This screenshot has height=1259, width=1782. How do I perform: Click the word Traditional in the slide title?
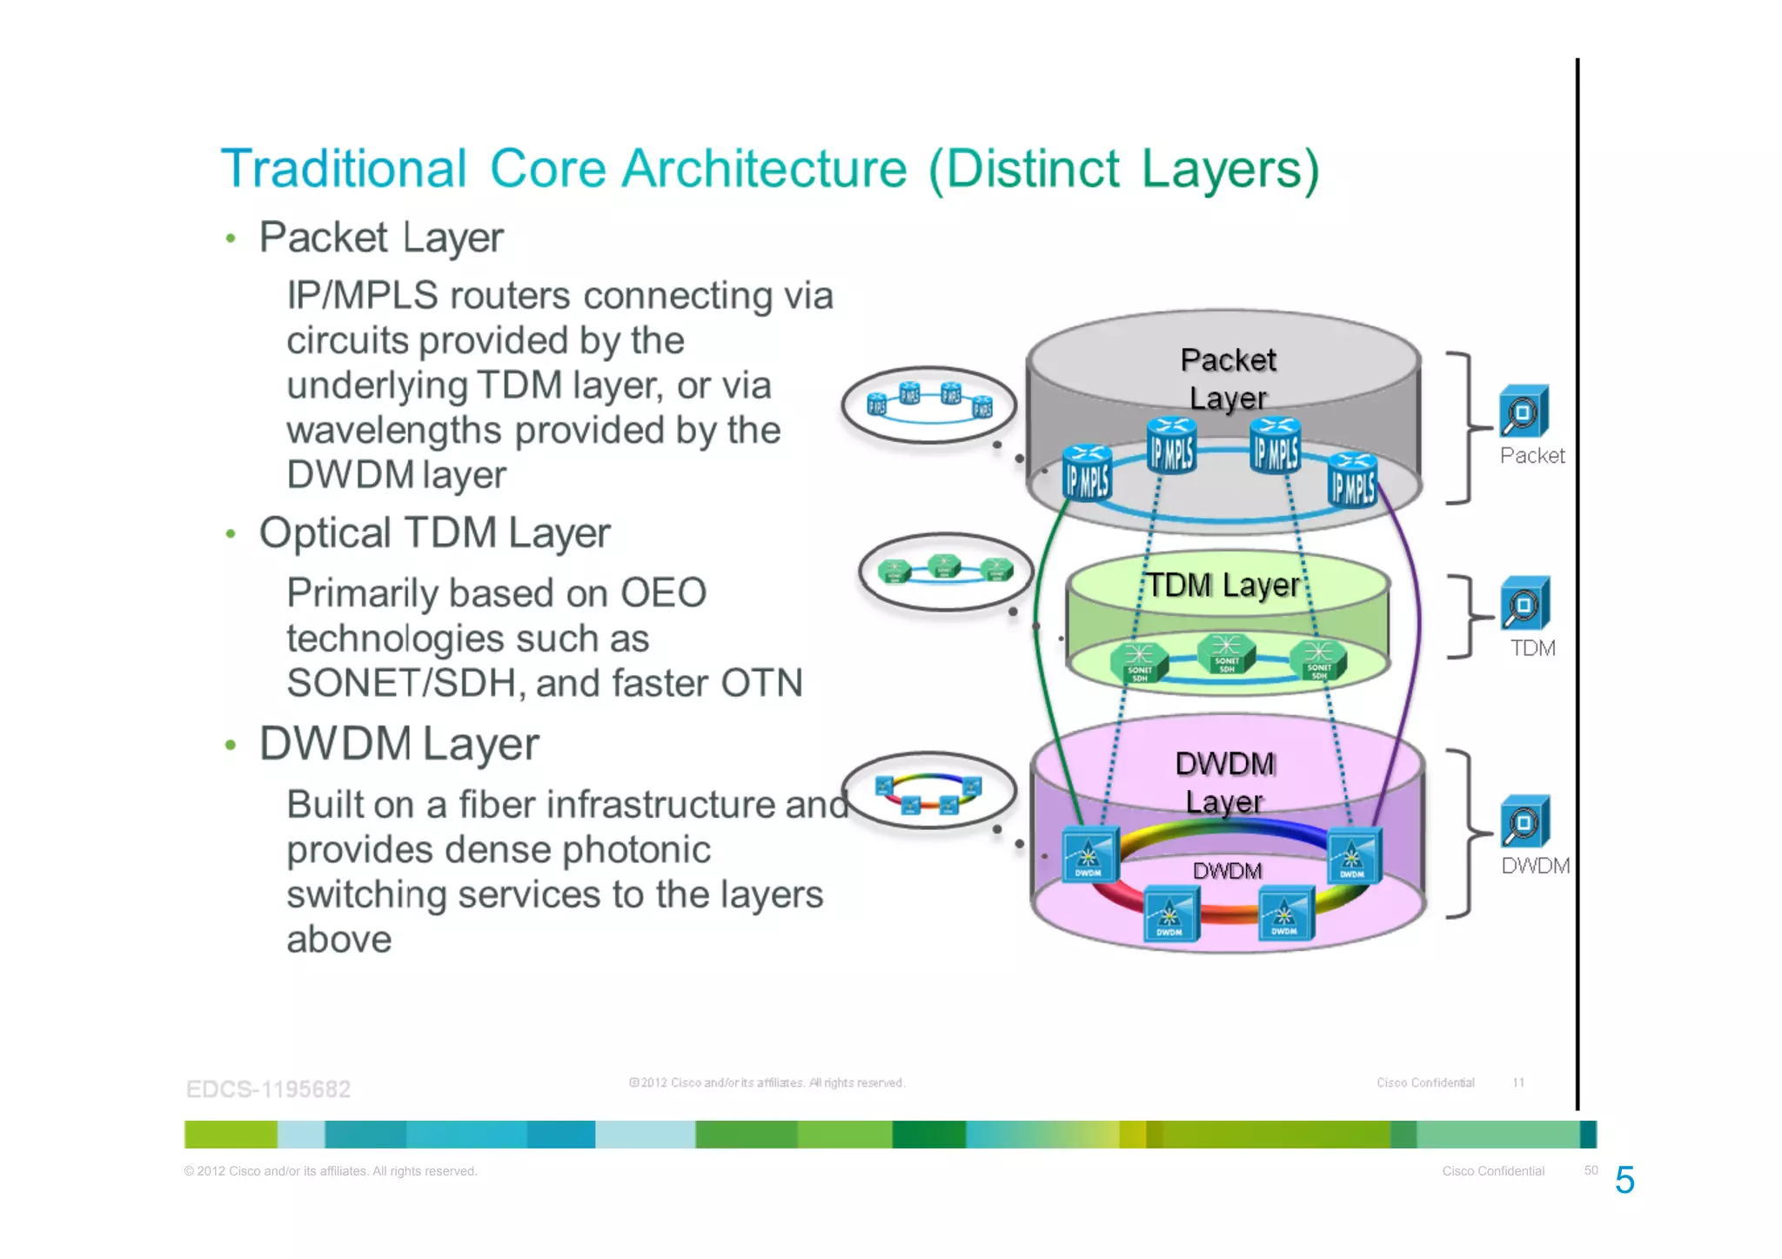pos(344,169)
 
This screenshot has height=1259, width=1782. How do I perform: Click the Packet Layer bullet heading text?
pos(381,238)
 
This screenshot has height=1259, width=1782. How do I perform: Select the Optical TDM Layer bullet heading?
pos(434,532)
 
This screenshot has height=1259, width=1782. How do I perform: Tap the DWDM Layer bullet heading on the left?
pos(399,744)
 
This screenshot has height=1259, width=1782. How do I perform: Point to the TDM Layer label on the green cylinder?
pos(1222,586)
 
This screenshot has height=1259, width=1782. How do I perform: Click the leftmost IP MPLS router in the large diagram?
pos(1087,473)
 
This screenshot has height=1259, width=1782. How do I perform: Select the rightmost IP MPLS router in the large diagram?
pos(1353,480)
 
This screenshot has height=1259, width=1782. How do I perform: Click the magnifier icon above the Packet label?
pos(1523,412)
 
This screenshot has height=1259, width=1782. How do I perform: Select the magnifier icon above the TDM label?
pos(1524,604)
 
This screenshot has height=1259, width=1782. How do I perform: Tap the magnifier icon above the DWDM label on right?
pos(1524,821)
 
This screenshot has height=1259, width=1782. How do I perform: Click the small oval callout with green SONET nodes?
pos(945,572)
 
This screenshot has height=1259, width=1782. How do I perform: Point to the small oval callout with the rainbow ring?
pos(929,790)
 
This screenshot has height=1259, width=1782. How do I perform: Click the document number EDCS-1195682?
pos(268,1089)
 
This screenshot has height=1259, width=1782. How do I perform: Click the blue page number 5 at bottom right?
pos(1625,1181)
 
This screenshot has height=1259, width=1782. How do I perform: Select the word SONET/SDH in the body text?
pos(405,684)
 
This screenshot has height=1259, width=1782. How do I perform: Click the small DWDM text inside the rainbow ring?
pos(1227,871)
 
